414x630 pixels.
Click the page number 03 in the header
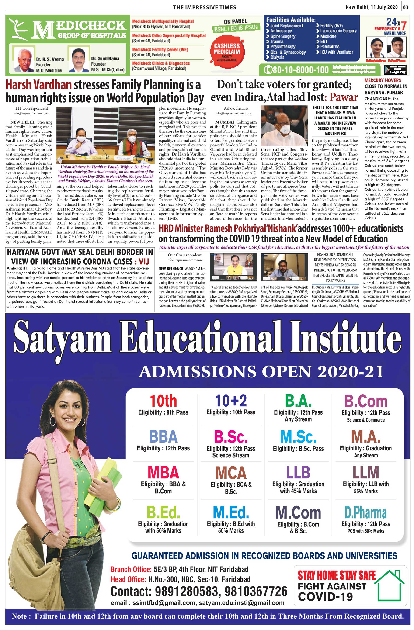tap(406, 7)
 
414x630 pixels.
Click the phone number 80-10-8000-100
tap(297, 70)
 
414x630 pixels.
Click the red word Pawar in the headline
tap(344, 97)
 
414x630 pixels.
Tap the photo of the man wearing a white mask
tap(284, 126)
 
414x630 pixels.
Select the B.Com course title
tap(365, 401)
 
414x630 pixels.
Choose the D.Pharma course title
tap(365, 512)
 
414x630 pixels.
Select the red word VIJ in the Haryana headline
tap(144, 262)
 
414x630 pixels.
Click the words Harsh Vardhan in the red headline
tap(39, 85)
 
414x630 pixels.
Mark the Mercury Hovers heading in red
tap(383, 80)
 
